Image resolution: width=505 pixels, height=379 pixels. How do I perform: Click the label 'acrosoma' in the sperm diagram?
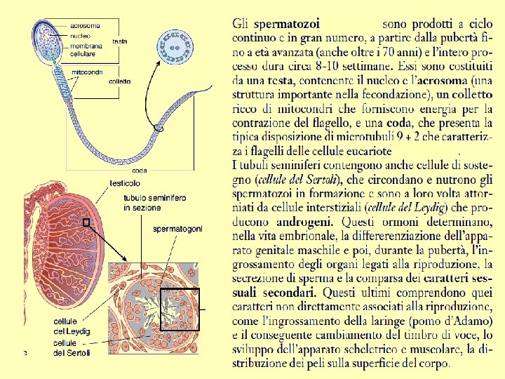(x=86, y=26)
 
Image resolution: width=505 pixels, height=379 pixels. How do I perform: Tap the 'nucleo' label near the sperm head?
(x=80, y=35)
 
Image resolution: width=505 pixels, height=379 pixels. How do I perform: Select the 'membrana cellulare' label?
(x=86, y=50)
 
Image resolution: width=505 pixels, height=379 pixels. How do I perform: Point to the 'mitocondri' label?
(x=88, y=72)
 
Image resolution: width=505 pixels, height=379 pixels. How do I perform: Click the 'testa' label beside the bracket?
(x=120, y=41)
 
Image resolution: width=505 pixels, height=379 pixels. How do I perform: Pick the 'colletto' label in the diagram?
(x=120, y=82)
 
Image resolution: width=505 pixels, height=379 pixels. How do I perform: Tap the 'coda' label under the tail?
(x=139, y=171)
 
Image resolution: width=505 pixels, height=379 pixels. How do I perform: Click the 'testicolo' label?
(x=124, y=182)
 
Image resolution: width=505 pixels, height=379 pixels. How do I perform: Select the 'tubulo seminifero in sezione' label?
(x=154, y=203)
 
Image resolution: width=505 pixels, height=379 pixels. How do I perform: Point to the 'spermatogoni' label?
(x=178, y=229)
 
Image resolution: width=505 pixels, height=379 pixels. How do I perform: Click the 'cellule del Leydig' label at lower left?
(x=72, y=326)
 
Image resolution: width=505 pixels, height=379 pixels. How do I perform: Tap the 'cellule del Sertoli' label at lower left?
(x=72, y=347)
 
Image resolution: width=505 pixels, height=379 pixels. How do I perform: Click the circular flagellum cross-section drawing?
(x=175, y=48)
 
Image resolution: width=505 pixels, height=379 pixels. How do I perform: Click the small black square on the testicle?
(x=87, y=222)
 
